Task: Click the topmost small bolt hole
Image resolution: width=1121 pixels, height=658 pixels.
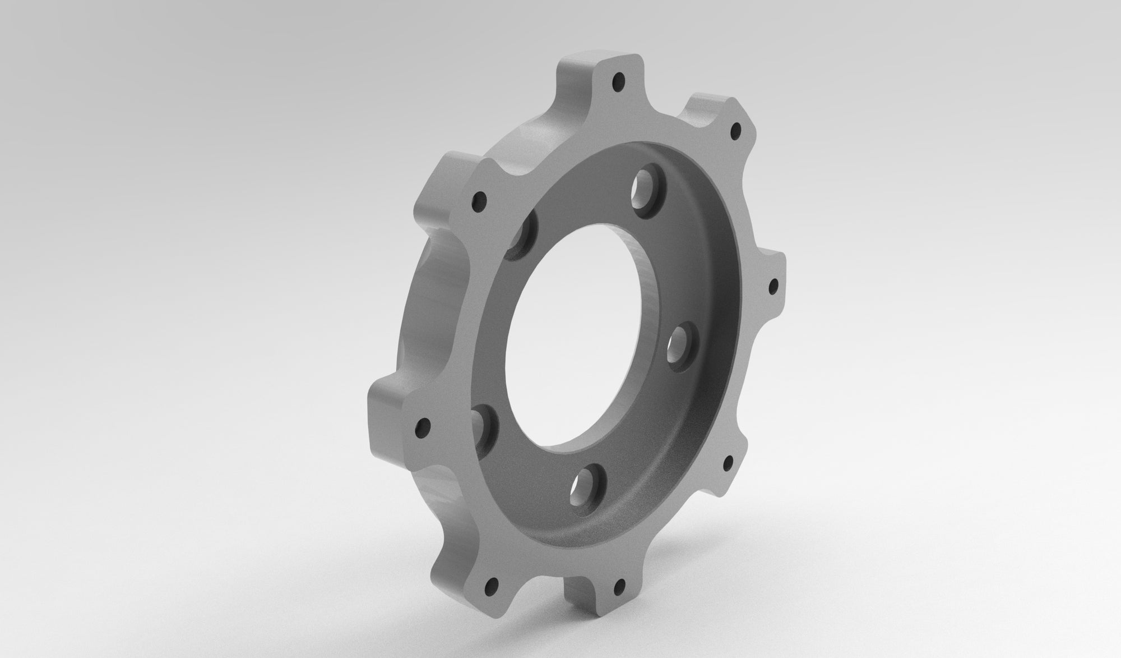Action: point(619,82)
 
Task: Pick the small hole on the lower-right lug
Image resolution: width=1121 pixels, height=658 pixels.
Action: point(729,463)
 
